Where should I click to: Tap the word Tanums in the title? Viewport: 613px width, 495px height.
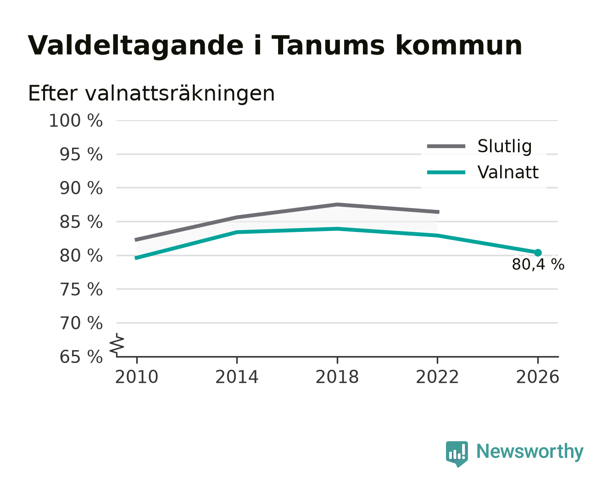328,45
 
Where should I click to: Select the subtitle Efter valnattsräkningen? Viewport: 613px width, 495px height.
151,93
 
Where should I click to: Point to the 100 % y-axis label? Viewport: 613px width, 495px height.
76,121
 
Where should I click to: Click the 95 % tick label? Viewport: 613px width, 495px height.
81,154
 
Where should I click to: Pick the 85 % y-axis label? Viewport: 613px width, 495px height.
81,222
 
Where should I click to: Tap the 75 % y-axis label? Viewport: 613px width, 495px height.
81,289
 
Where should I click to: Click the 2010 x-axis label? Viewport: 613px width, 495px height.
137,377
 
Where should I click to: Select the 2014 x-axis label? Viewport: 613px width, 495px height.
237,377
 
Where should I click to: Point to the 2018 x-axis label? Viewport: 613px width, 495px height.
337,377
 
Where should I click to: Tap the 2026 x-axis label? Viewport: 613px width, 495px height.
537,377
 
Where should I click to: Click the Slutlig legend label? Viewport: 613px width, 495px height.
505,147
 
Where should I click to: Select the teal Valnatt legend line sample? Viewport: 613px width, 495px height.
446,172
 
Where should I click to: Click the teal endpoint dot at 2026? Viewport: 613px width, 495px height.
538,253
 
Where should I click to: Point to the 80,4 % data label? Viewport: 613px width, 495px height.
538,264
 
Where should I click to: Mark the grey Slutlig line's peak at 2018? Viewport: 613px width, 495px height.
337,205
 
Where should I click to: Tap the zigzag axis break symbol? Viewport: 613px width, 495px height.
117,344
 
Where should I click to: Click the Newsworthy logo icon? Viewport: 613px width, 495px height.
457,454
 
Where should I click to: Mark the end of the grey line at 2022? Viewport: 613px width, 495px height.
439,212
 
